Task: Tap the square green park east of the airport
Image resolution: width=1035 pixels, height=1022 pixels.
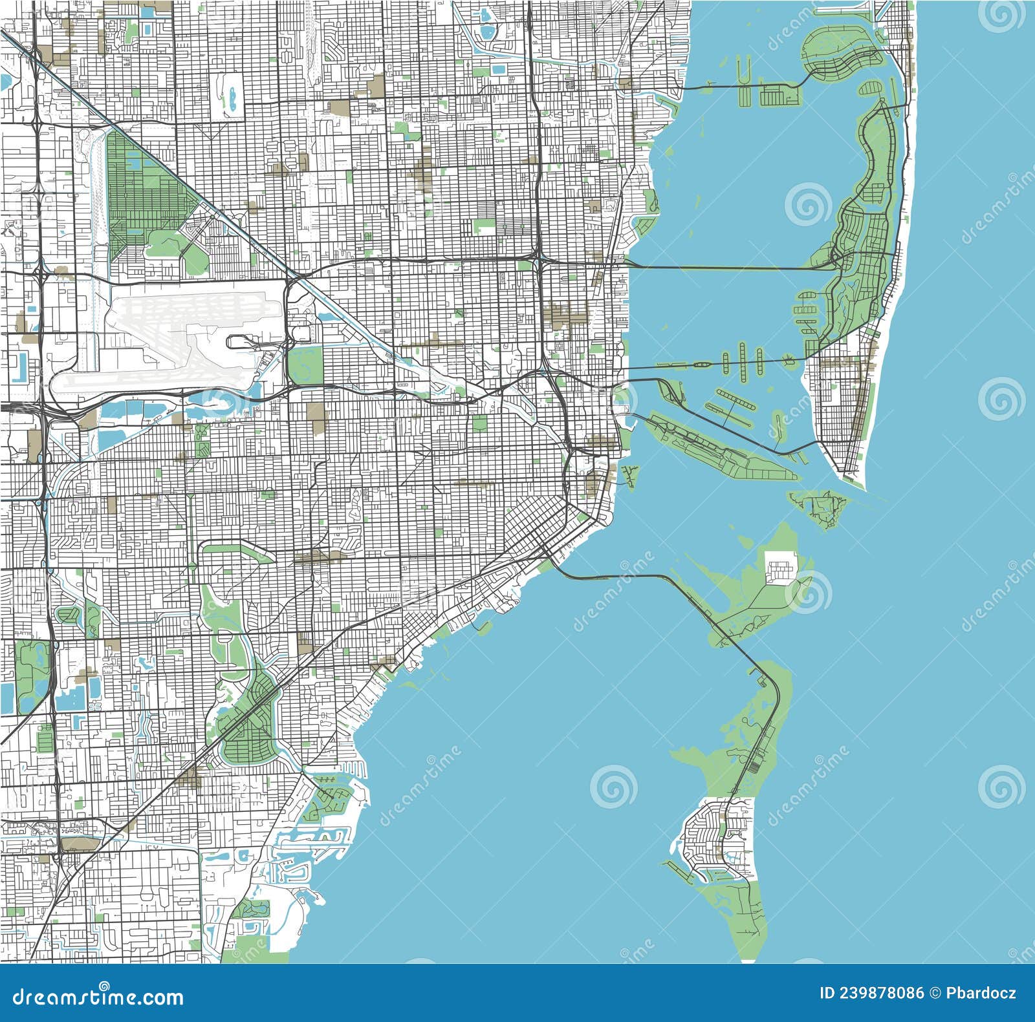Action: pos(305,363)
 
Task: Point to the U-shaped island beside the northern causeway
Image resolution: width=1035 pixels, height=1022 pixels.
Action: pos(744,78)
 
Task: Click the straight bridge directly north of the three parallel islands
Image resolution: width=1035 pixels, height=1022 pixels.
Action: pos(724,267)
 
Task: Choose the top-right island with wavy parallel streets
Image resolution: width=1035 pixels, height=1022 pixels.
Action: pos(841,55)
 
